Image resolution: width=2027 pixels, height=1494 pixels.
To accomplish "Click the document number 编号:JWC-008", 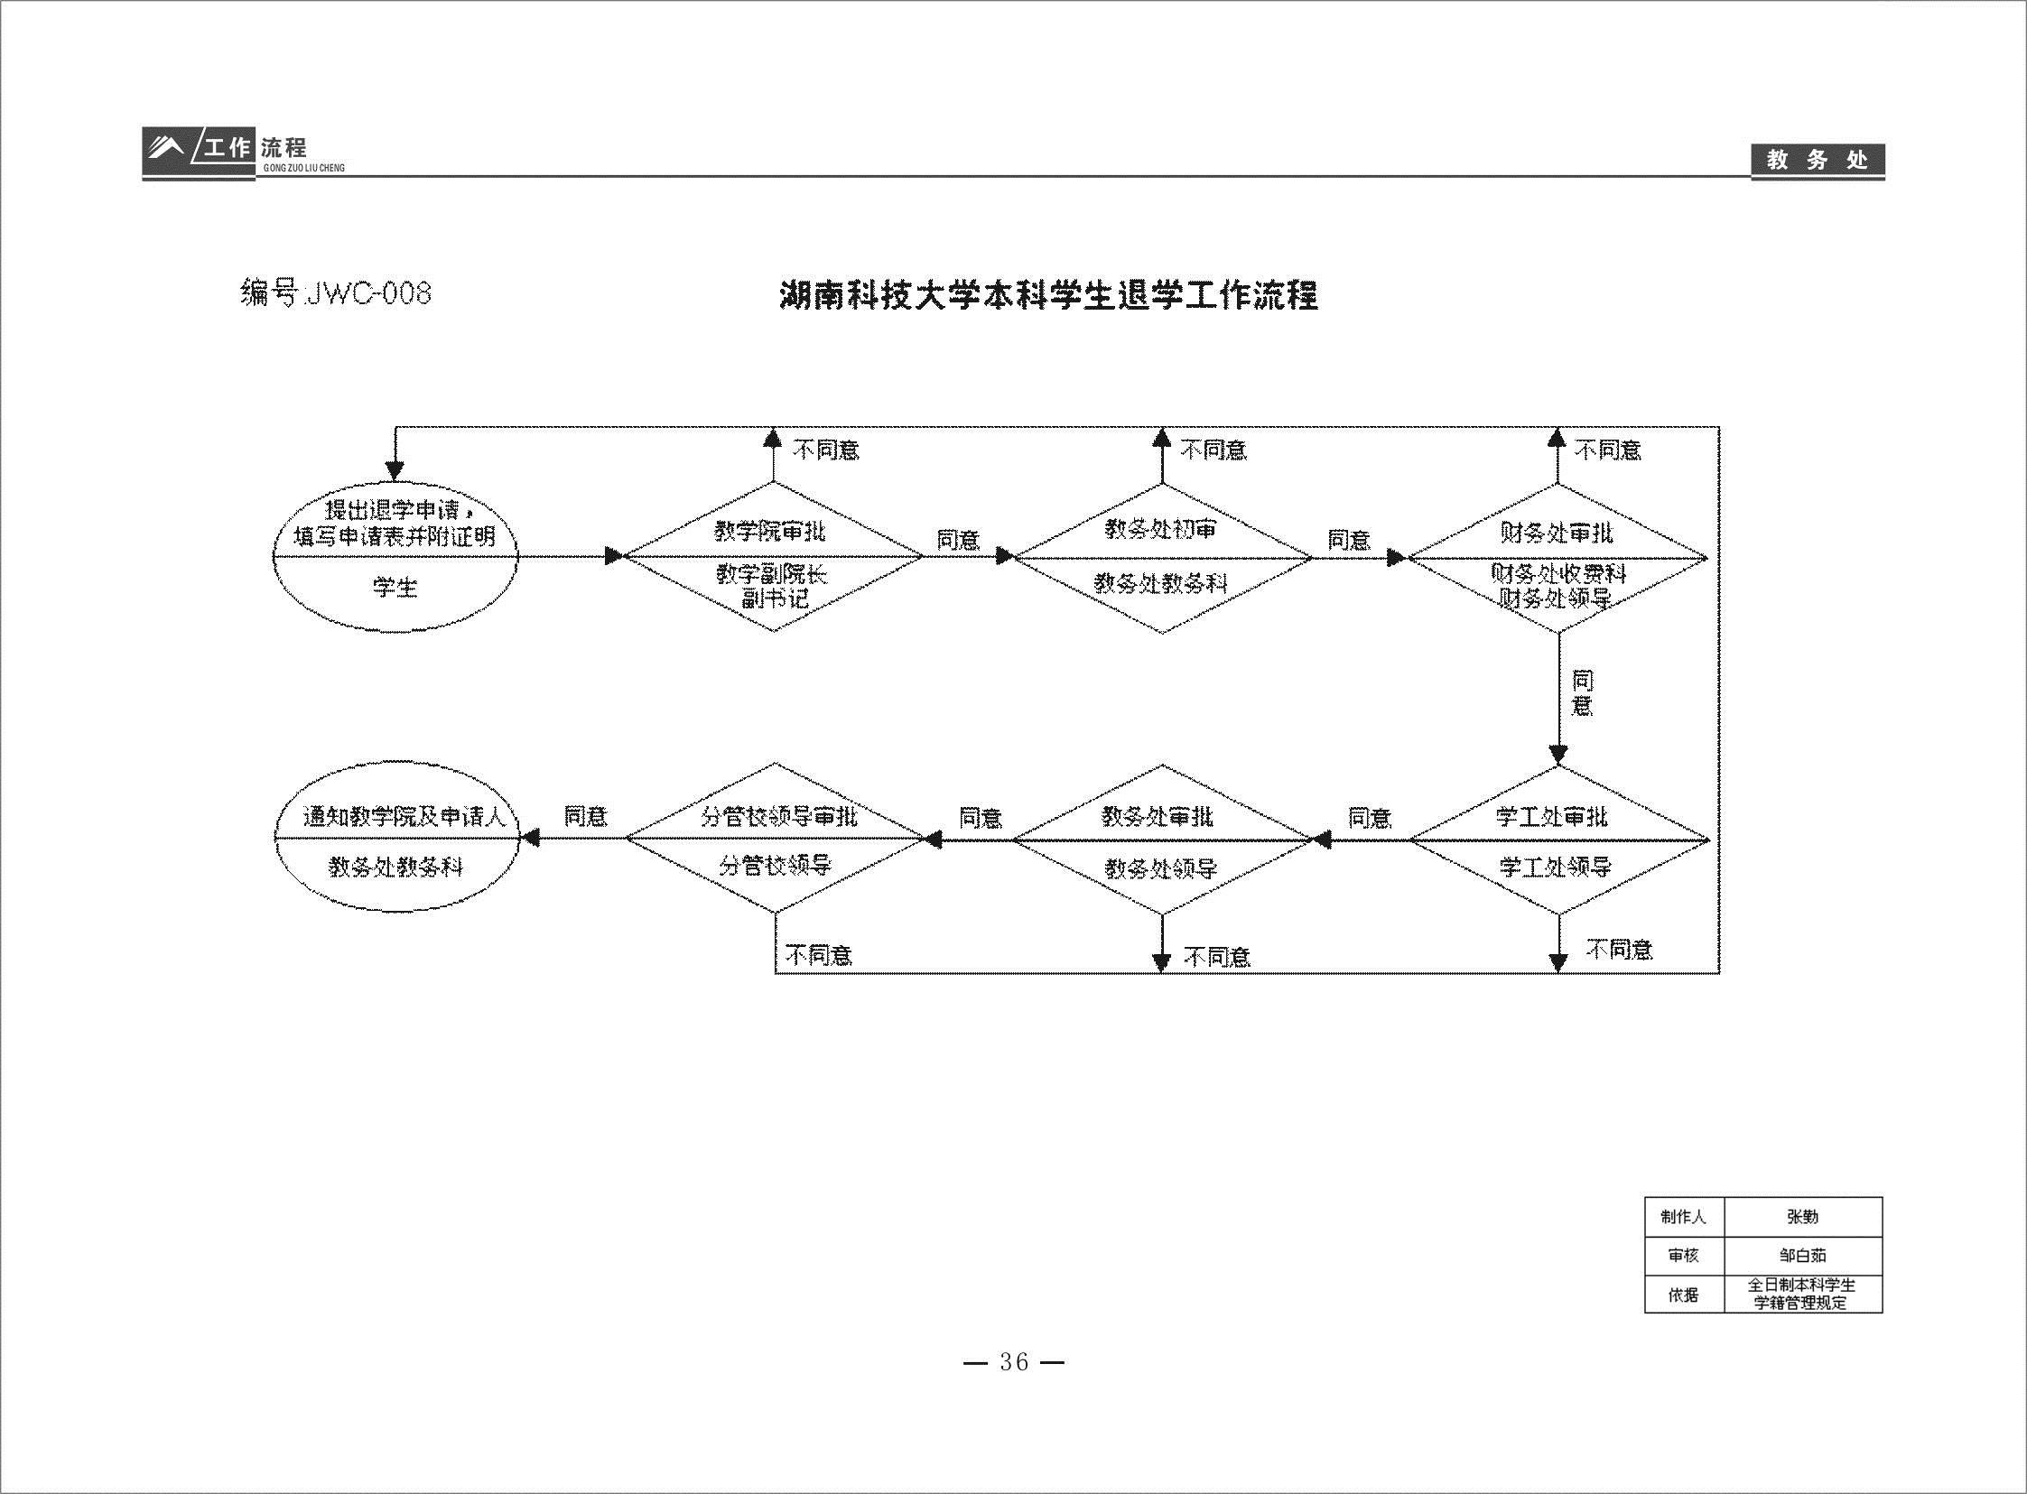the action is tap(336, 294).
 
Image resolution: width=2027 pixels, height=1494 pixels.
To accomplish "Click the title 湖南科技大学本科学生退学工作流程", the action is tap(1049, 295).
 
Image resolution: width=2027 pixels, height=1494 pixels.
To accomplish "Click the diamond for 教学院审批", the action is tap(774, 556).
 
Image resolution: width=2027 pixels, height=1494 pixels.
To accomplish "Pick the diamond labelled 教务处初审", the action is tap(1162, 557).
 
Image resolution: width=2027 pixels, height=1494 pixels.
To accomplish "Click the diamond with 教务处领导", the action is tap(1162, 840).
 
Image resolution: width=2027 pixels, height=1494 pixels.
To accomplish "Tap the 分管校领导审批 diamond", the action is tap(776, 839).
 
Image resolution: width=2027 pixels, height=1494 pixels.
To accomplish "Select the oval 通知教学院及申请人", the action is tap(397, 839).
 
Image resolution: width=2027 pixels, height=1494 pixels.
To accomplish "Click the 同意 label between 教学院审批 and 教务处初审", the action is tap(958, 540).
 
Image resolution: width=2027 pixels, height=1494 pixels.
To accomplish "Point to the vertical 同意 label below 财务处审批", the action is tap(1581, 692).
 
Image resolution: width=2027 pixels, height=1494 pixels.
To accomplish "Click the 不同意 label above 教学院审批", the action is tap(826, 450).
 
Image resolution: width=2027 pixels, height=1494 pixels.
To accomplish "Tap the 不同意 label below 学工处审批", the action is tap(1619, 949).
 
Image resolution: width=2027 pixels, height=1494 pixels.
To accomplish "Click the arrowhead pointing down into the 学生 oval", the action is tap(395, 471).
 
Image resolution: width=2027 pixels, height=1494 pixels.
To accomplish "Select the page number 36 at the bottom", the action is tap(1014, 1362).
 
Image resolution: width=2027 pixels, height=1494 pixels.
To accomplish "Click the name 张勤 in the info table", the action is tap(1802, 1217).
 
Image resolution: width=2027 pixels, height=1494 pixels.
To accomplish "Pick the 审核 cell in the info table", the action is tap(1683, 1256).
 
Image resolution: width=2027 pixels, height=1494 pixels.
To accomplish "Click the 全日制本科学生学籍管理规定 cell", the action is tap(1802, 1294).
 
